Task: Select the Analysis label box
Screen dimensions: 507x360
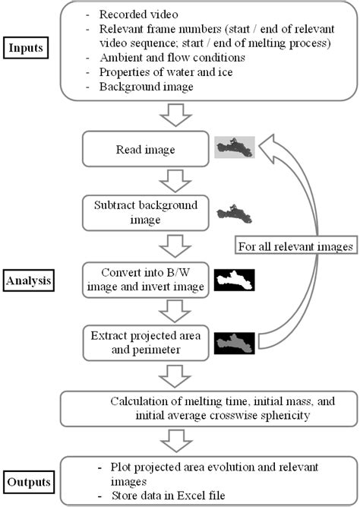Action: coord(28,280)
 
